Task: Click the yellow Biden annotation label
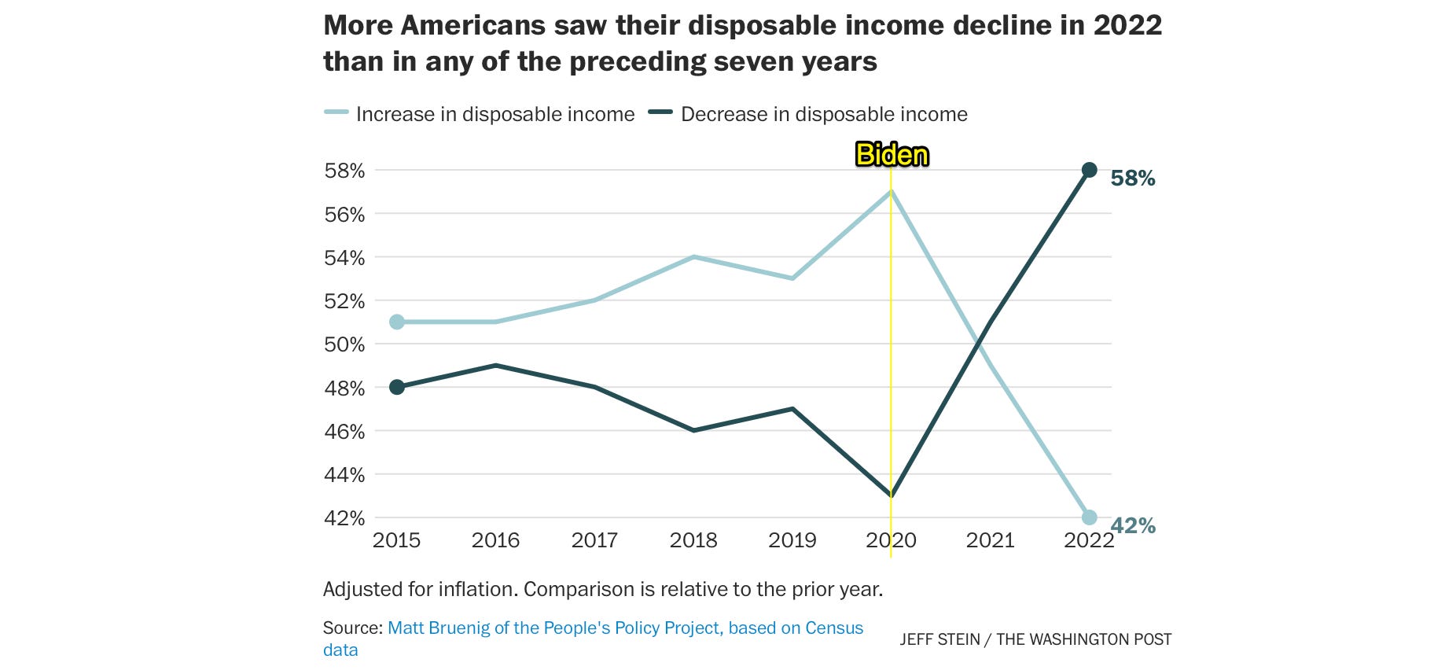[x=892, y=155]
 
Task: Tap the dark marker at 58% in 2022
[x=1089, y=170]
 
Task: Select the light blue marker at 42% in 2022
[x=1089, y=517]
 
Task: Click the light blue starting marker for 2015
[x=397, y=322]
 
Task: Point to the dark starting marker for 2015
[x=397, y=387]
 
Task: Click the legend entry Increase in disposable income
[x=495, y=114]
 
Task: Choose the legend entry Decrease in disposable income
[x=823, y=114]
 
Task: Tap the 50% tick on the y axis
[x=344, y=344]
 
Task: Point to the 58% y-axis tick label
[x=344, y=171]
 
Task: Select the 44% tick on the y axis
[x=344, y=475]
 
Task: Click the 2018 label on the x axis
[x=693, y=540]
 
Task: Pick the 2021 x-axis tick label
[x=990, y=540]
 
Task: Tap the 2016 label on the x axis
[x=495, y=540]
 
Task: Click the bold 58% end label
[x=1132, y=179]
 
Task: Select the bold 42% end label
[x=1133, y=526]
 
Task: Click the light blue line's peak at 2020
[x=891, y=192]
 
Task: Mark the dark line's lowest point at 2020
[x=891, y=495]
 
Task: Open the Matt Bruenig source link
[x=625, y=628]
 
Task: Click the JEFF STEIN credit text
[x=939, y=639]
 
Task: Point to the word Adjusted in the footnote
[x=360, y=589]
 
